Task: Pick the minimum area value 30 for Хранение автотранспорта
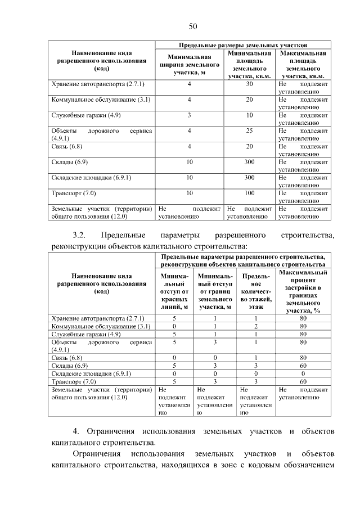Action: tap(249, 84)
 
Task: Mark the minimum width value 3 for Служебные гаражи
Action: tap(190, 115)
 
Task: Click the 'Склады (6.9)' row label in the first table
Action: tap(70, 162)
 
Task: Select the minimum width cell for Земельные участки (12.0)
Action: tap(190, 212)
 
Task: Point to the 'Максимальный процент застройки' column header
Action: tap(303, 291)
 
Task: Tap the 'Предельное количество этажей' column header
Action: tap(255, 291)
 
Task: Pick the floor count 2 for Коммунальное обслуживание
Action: tap(255, 326)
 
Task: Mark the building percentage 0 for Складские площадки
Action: tap(303, 373)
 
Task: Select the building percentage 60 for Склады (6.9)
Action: tap(303, 365)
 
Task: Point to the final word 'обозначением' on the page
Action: tap(307, 465)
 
